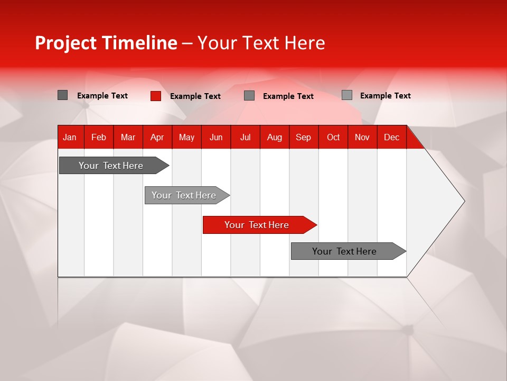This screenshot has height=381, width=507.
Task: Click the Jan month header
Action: (x=70, y=137)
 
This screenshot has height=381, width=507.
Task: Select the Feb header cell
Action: (x=99, y=137)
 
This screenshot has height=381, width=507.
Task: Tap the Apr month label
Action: (x=157, y=137)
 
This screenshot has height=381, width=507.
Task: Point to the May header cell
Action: (x=186, y=137)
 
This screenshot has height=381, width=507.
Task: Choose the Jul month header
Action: (x=245, y=137)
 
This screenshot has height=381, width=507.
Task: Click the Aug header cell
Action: (x=275, y=137)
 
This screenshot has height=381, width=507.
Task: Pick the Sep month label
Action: (x=303, y=137)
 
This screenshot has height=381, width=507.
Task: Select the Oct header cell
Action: (x=333, y=137)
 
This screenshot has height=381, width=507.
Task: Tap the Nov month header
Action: (x=362, y=137)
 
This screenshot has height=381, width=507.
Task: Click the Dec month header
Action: (x=391, y=137)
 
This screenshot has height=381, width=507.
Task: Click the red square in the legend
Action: (x=155, y=96)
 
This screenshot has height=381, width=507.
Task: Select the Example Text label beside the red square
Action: (x=195, y=96)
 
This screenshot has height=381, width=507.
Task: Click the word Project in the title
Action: (x=66, y=43)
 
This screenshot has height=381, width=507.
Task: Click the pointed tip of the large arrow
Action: (x=463, y=201)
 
